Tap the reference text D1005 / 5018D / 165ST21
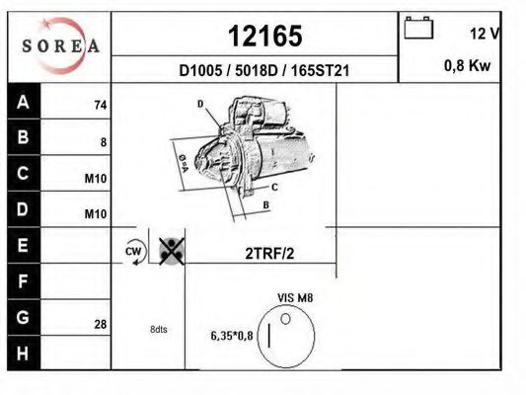click(264, 71)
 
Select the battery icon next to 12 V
click(419, 29)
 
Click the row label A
click(23, 102)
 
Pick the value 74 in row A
click(100, 106)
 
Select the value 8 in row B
click(103, 142)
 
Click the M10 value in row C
click(96, 179)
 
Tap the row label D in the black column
click(23, 209)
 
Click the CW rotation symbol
click(134, 253)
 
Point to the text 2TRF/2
click(269, 253)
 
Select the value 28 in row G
click(100, 323)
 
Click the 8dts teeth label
click(158, 330)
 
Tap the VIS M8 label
click(295, 296)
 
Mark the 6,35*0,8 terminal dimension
click(232, 335)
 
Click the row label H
click(23, 353)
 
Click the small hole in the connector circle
click(286, 319)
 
